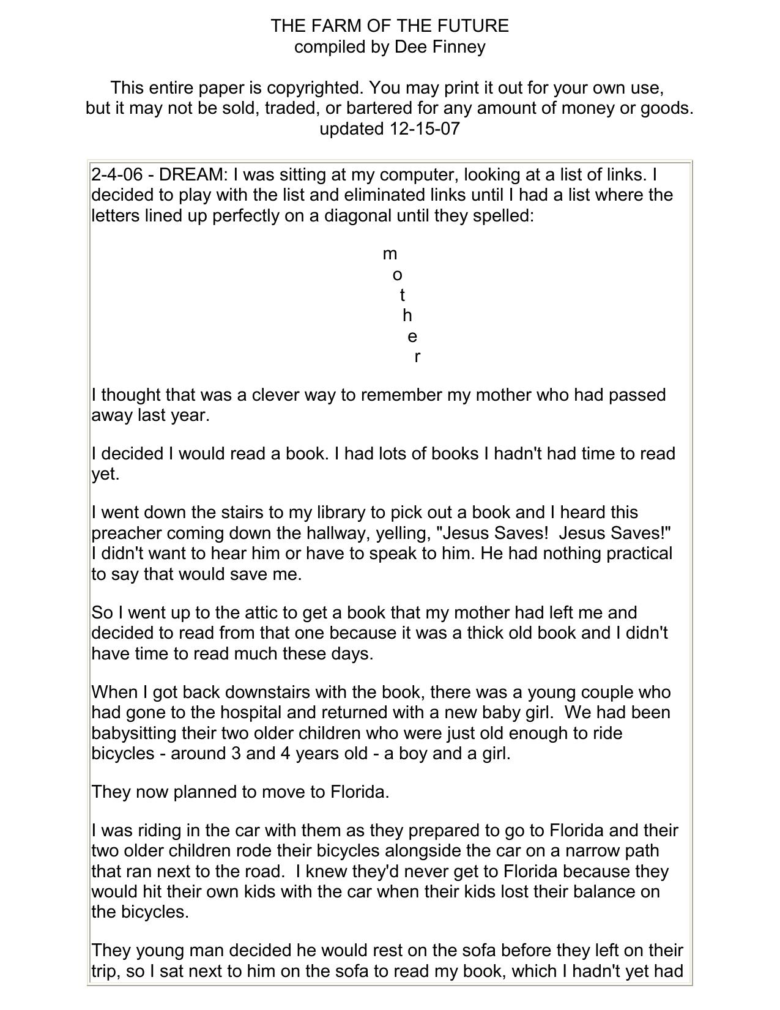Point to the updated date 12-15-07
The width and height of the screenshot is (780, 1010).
(x=424, y=129)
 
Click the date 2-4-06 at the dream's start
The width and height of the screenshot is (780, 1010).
(x=117, y=175)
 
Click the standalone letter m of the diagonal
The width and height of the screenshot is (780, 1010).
(x=390, y=254)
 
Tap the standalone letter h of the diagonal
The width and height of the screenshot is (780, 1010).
(x=407, y=316)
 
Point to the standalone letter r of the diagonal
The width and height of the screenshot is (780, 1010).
(x=417, y=357)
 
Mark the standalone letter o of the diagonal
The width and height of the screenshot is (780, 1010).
(x=397, y=275)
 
